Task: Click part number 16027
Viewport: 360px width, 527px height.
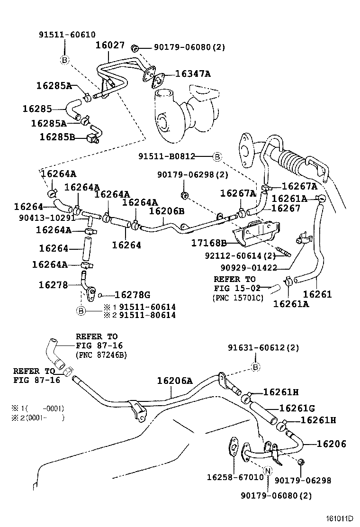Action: [110, 45]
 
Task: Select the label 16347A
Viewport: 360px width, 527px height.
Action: [192, 73]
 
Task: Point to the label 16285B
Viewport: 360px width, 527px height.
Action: [57, 137]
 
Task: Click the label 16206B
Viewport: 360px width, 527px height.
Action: [167, 210]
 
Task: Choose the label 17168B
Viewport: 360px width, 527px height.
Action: [209, 243]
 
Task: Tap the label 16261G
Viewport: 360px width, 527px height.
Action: [297, 408]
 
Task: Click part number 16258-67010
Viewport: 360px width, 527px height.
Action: [235, 477]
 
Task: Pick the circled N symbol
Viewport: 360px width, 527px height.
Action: [268, 471]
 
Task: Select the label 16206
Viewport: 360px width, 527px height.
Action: [331, 444]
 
